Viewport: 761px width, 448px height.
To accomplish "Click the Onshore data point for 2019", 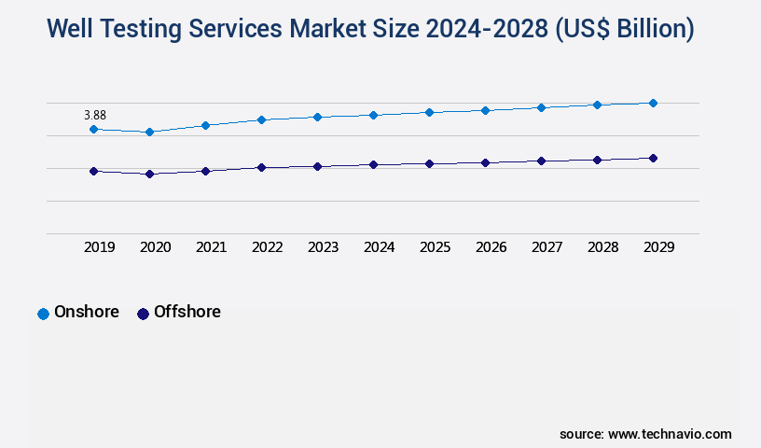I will (x=93, y=129).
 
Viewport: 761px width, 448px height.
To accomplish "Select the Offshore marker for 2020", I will (x=149, y=174).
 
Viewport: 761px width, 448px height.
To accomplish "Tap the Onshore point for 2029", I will (x=653, y=103).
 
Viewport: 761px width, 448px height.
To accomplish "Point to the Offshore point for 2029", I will (x=653, y=158).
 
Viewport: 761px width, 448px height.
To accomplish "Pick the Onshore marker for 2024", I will (x=373, y=115).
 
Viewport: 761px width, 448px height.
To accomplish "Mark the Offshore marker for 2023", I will (x=317, y=166).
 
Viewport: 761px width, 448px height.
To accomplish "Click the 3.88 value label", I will (x=95, y=115).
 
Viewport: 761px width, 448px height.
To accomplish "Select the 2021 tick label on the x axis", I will (x=211, y=247).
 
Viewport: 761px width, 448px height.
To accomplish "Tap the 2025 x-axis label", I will (x=435, y=247).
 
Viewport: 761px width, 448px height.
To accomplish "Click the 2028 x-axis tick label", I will (x=602, y=247).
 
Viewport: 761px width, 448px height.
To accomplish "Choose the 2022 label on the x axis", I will (x=267, y=247).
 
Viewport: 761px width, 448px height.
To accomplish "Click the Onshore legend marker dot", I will (x=43, y=314).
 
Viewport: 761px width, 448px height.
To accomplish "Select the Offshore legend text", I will (x=187, y=312).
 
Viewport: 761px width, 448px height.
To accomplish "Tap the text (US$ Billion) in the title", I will (x=624, y=29).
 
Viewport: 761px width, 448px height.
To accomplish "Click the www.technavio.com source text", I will (x=670, y=434).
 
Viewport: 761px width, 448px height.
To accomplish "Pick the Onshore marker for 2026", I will (x=485, y=110).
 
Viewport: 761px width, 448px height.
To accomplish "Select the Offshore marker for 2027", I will (x=541, y=161).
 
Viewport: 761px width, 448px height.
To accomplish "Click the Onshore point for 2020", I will (x=149, y=132).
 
